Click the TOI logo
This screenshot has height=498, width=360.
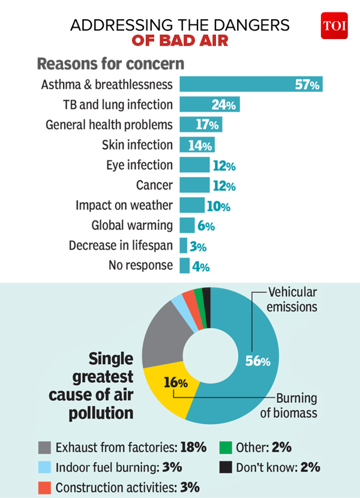[x=334, y=25]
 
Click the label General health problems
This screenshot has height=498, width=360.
[x=109, y=125]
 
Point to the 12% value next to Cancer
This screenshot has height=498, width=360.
[x=223, y=186]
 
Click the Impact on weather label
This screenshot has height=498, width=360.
[x=124, y=205]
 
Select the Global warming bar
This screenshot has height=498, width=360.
[x=187, y=226]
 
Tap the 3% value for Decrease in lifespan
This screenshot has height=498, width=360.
[x=198, y=247]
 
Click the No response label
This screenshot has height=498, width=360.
[x=140, y=265]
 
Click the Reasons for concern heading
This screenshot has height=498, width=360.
[x=110, y=63]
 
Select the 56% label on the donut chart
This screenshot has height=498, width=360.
[x=258, y=361]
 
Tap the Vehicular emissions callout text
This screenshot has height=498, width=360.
[x=292, y=300]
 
